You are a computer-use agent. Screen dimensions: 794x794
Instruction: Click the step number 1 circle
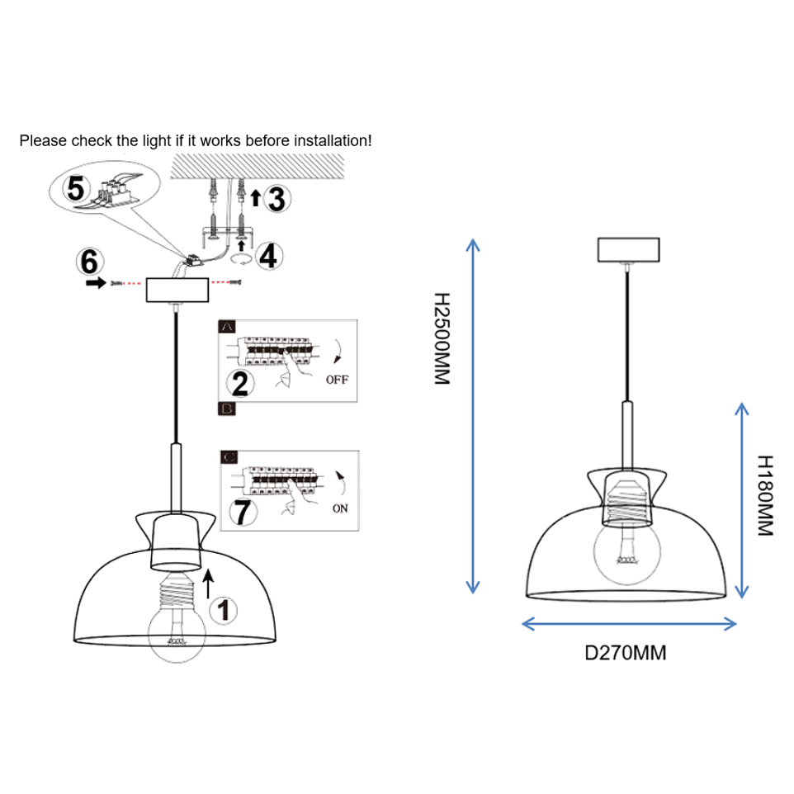click(224, 611)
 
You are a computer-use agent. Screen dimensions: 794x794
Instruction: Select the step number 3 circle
click(278, 198)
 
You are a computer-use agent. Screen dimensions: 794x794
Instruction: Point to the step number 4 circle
click(267, 256)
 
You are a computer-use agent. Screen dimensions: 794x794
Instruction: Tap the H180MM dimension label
click(765, 495)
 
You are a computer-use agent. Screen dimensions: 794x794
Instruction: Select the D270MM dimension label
click(626, 653)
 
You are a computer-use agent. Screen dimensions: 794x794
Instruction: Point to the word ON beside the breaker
click(340, 508)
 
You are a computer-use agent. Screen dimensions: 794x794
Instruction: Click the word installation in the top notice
click(327, 141)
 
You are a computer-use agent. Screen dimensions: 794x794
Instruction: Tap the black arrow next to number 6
click(96, 283)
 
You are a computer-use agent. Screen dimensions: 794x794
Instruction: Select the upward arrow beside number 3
click(256, 196)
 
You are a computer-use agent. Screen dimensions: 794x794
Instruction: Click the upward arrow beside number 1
click(207, 583)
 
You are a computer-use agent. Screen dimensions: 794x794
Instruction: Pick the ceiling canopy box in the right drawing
click(628, 248)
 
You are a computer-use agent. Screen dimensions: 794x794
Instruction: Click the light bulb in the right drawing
click(627, 551)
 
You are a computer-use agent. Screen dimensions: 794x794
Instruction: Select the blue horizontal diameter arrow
click(629, 624)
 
